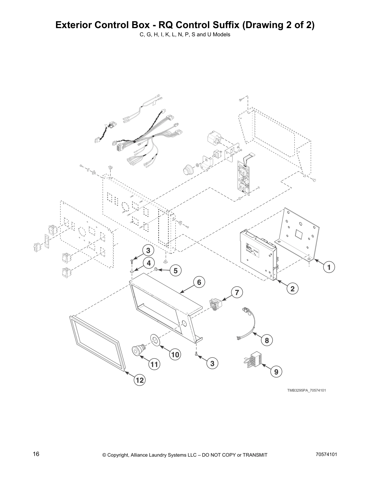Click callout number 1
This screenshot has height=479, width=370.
[x=329, y=267]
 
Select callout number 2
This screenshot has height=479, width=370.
[x=292, y=288]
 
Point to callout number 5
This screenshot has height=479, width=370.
[x=175, y=270]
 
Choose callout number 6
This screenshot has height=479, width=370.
[x=199, y=282]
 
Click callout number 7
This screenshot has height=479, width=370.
[x=237, y=292]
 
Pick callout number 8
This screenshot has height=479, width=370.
[x=267, y=341]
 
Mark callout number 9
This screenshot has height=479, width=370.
[x=276, y=372]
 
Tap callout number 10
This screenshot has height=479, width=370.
[x=175, y=354]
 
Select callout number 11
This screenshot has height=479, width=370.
[x=154, y=364]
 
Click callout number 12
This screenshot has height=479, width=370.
[x=140, y=380]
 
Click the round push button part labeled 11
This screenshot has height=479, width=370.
[x=139, y=351]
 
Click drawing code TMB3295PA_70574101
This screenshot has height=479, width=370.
[x=306, y=390]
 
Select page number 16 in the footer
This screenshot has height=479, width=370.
[x=36, y=454]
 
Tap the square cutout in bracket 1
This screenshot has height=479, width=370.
[x=300, y=233]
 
